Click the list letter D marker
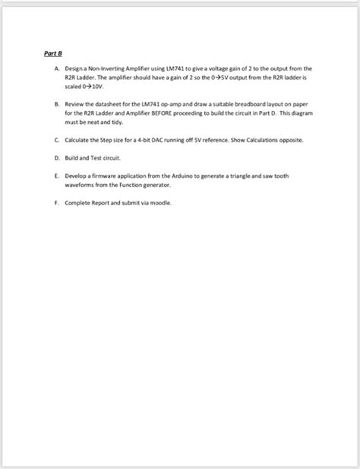[x=57, y=157]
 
